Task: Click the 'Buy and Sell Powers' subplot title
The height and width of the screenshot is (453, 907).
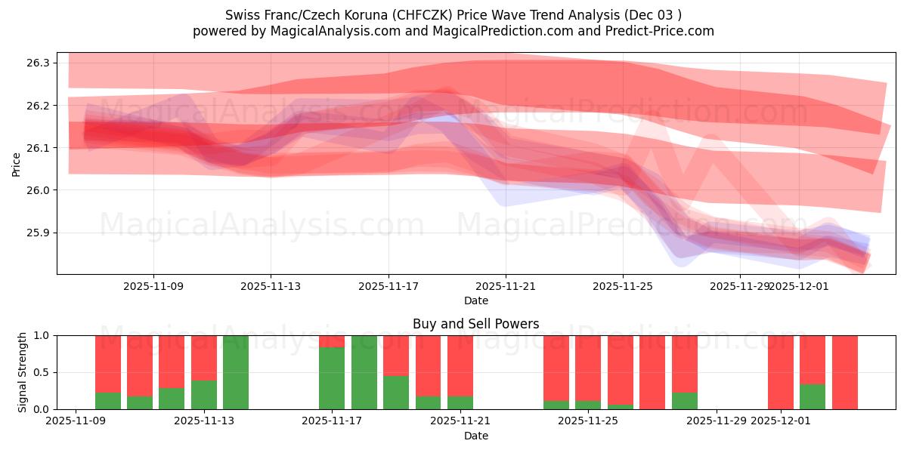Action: coord(475,324)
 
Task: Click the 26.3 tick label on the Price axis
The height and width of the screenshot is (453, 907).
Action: coord(37,63)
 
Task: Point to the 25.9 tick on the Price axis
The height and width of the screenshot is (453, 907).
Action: coord(37,233)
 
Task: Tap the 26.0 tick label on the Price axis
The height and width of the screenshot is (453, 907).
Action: coord(37,190)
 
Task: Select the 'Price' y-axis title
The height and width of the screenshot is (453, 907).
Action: coord(17,164)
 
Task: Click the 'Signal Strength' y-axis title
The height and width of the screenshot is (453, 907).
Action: coord(23,372)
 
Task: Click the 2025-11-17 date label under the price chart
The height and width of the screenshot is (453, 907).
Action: coord(388,286)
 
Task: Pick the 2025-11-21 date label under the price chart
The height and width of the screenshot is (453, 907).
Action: coord(506,286)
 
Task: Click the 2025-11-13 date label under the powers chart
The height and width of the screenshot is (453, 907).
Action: coord(204,421)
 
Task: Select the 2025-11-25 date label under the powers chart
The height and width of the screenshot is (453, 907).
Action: coord(588,421)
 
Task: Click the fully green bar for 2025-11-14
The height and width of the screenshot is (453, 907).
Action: coord(236,372)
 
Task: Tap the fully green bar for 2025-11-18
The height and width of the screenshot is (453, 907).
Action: coord(364,372)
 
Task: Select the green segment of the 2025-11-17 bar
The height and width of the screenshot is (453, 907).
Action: coord(332,378)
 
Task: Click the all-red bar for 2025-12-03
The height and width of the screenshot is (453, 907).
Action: coord(844,372)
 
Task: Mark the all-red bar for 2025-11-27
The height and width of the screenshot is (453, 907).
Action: coord(652,372)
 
